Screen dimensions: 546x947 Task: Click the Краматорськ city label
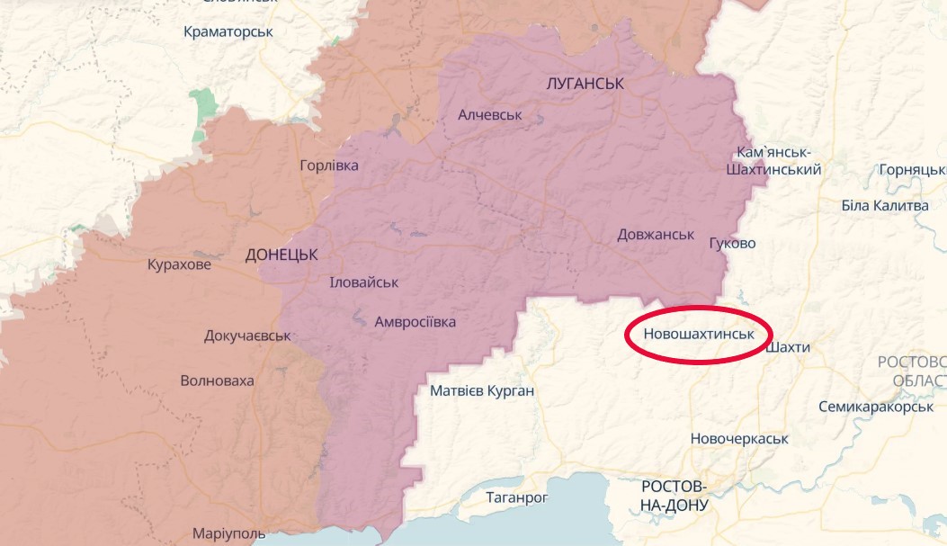[228, 31]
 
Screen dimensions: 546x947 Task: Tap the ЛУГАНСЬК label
[585, 84]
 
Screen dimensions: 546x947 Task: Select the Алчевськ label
[489, 115]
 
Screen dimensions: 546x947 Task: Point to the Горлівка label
[329, 166]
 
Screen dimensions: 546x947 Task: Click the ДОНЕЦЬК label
[281, 255]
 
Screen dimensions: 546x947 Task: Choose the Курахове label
[180, 265]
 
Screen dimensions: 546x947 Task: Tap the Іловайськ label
[364, 282]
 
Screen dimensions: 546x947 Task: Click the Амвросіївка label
[415, 322]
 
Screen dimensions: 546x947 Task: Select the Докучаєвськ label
[247, 336]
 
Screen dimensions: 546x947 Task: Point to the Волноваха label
[217, 380]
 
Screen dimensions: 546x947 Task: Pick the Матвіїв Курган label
[482, 391]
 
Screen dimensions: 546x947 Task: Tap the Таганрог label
[516, 497]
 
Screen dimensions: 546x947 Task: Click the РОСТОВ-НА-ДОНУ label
[674, 496]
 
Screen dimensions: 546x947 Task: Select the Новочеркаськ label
[738, 439]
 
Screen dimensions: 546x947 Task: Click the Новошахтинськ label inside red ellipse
[697, 334]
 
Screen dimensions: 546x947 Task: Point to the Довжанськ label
[656, 235]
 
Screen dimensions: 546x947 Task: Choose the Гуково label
[732, 244]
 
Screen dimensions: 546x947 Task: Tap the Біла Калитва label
[884, 206]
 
